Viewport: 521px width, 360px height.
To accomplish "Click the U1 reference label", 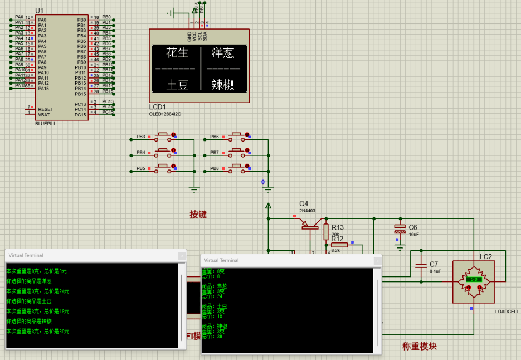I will (39, 11).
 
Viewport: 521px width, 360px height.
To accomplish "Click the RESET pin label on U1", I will (46, 109).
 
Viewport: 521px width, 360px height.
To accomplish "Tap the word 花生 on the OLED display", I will (178, 53).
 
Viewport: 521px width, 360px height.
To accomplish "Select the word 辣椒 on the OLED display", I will (222, 85).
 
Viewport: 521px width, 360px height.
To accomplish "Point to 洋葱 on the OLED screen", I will (222, 53).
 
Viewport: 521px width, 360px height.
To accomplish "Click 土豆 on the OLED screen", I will (178, 85).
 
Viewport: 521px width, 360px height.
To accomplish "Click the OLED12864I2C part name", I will (165, 114).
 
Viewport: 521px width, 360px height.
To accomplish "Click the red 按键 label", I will (198, 214).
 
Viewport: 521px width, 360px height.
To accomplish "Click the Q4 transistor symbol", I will (309, 225).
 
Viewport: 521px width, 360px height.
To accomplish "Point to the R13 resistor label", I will (338, 227).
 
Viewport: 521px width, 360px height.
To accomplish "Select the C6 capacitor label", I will (413, 227).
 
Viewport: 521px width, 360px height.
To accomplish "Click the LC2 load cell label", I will (486, 257).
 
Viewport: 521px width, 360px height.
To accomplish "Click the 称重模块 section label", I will (419, 346).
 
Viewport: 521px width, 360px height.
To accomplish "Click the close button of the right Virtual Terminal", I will (377, 260).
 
